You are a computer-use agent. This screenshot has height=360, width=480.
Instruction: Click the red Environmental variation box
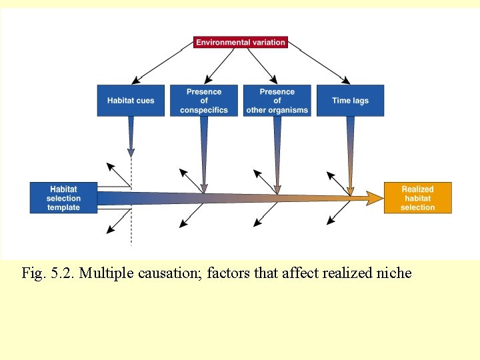pos(241,42)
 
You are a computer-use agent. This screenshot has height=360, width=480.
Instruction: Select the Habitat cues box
pos(131,101)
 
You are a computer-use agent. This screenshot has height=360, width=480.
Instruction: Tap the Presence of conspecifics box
pos(203,101)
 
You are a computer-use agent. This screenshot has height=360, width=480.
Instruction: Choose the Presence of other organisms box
pos(277,101)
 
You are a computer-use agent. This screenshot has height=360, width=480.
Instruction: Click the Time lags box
pos(350,101)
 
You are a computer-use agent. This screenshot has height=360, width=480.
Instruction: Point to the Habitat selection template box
pos(63,198)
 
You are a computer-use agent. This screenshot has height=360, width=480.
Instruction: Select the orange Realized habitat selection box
pos(418,198)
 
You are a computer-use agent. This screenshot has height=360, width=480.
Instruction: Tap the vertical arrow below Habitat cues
pos(131,137)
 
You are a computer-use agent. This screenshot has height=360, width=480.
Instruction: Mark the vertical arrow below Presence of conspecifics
pos(204,153)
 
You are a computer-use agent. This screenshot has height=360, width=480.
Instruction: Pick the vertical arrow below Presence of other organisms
pos(277,153)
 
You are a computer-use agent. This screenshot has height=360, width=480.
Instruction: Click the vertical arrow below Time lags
pos(351,153)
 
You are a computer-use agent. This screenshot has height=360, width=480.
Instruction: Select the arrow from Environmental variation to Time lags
pos(323,66)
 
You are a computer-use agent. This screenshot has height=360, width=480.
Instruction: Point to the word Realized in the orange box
pos(418,189)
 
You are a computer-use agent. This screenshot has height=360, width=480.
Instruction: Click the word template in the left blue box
pos(63,207)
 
